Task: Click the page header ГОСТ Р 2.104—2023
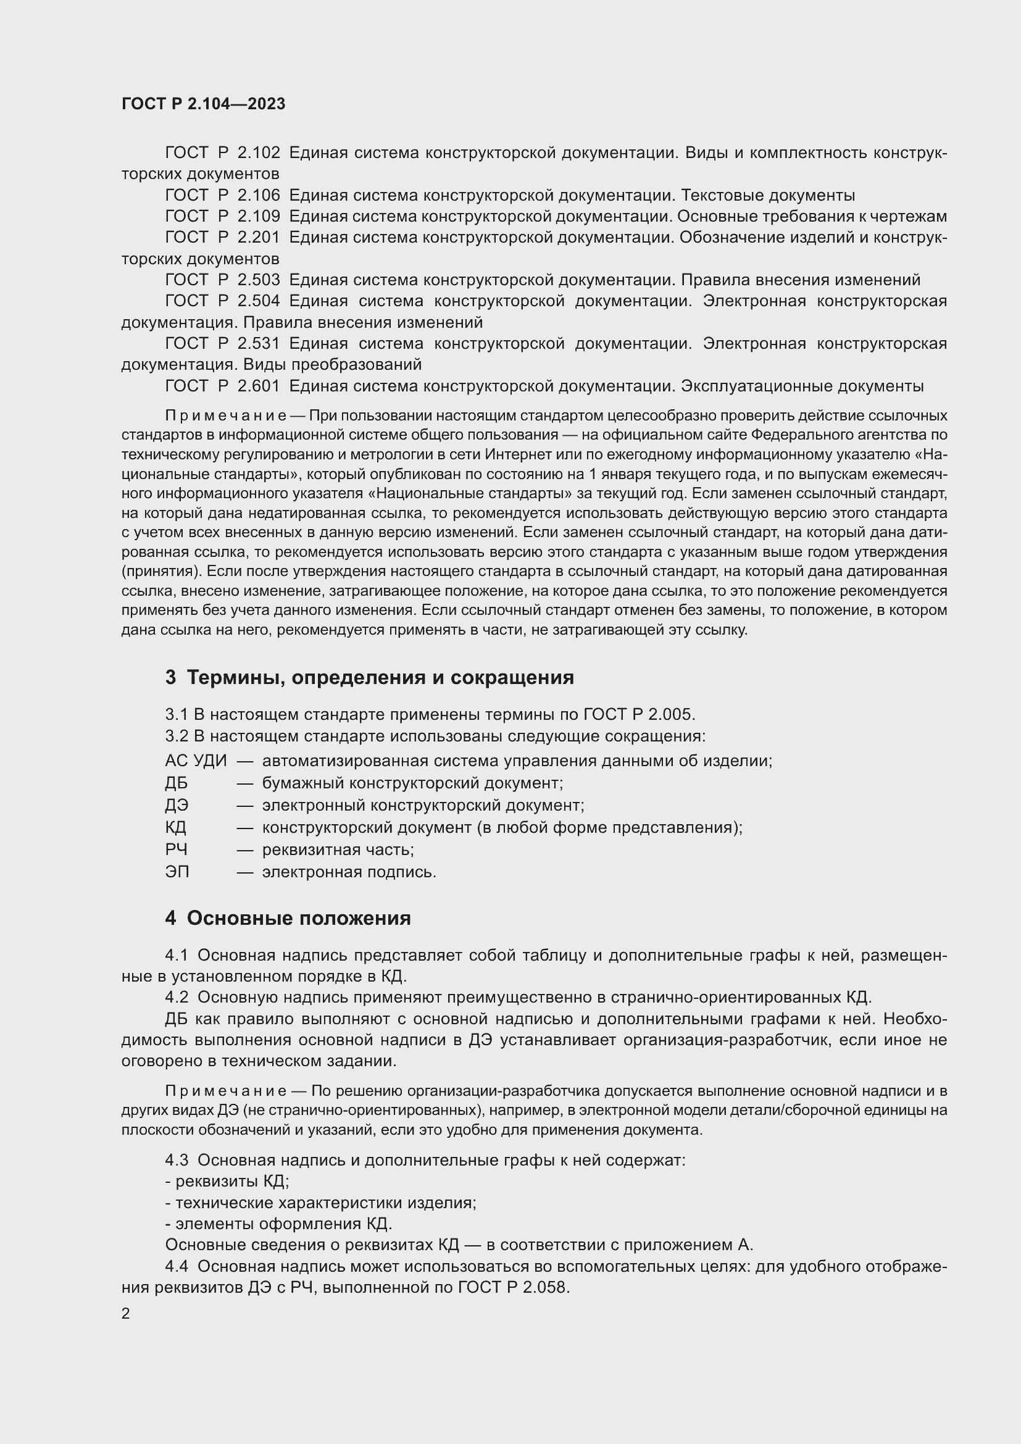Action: [x=203, y=104]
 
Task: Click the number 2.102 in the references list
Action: [x=259, y=153]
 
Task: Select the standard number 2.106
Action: [x=259, y=195]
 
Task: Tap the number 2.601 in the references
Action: [x=259, y=386]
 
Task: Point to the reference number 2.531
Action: [x=259, y=343]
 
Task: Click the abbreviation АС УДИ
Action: [x=196, y=761]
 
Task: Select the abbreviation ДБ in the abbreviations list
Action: [x=176, y=783]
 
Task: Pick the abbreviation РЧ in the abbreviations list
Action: [x=176, y=849]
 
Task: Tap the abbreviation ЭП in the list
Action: [x=177, y=872]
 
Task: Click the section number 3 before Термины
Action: [x=170, y=678]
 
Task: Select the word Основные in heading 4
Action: [x=238, y=919]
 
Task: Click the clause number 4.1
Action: [x=177, y=955]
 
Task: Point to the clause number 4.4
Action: [x=177, y=1266]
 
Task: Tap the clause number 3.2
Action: [x=177, y=736]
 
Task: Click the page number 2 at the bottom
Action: [x=126, y=1314]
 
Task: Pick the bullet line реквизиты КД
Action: [x=227, y=1182]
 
